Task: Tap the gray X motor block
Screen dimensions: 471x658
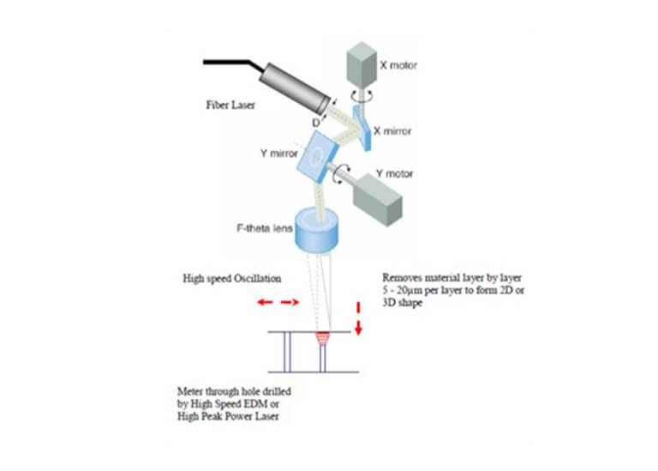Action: tap(360, 62)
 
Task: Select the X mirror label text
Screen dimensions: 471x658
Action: tap(394, 131)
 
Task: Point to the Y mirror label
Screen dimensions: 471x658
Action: tap(278, 154)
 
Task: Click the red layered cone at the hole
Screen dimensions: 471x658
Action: tap(322, 338)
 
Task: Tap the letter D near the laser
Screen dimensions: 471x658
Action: tap(317, 124)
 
